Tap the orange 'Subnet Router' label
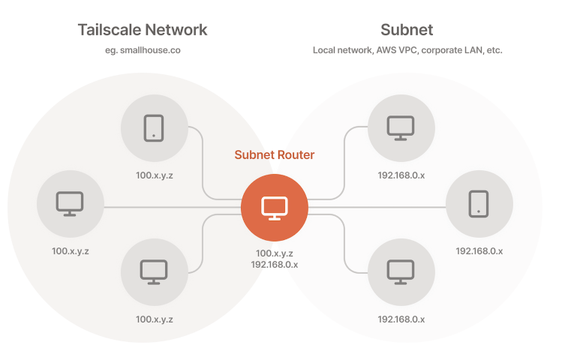(275, 155)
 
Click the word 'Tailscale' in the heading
(108, 30)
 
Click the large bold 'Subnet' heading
(407, 30)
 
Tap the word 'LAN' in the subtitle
(473, 51)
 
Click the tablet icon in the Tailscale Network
(154, 127)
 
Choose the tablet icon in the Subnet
(479, 203)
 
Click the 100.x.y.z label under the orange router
(275, 253)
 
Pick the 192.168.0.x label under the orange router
(275, 265)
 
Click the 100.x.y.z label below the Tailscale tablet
(154, 174)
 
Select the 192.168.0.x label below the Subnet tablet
(479, 250)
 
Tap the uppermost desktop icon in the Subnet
(401, 128)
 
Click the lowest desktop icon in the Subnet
(401, 272)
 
